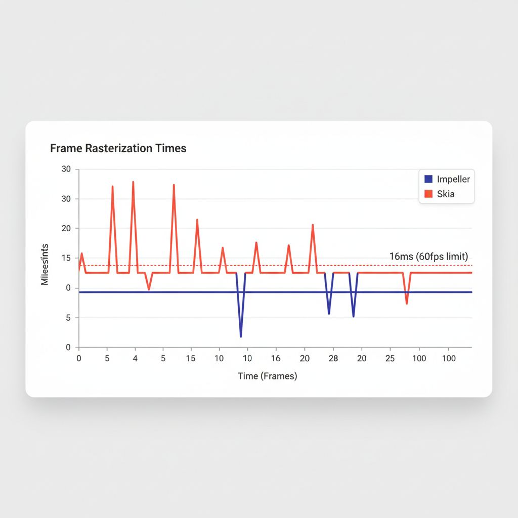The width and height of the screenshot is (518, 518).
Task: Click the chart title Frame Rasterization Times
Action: point(118,148)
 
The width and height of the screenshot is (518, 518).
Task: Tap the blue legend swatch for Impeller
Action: point(428,179)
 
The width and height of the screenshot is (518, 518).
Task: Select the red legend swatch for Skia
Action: point(428,194)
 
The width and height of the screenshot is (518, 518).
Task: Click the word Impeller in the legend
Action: point(453,179)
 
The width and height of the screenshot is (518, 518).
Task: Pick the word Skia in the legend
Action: point(446,194)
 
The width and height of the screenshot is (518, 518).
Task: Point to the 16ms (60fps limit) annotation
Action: point(428,256)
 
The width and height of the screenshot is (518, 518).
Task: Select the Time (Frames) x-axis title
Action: point(267,376)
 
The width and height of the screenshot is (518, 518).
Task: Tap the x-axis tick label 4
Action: point(135,358)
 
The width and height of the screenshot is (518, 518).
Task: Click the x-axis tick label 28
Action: point(333,358)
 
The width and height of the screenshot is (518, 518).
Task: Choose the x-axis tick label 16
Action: point(276,358)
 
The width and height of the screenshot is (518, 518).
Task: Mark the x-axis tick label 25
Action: point(390,358)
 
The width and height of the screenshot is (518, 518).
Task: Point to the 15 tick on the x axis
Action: point(191,358)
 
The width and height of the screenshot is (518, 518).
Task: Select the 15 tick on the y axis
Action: point(66,258)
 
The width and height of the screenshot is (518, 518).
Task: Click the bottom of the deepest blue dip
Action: point(241,336)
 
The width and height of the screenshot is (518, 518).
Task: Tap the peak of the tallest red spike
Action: point(133,182)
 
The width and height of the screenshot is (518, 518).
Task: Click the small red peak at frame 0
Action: point(81,253)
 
